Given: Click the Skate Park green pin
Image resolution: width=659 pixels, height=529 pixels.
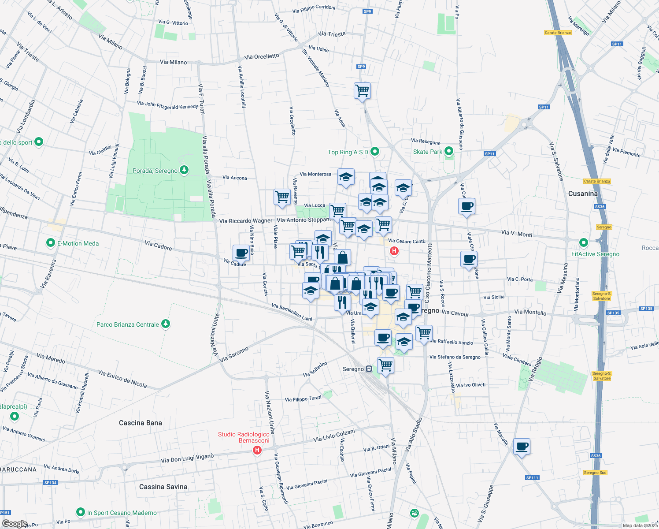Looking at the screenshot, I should (449, 151).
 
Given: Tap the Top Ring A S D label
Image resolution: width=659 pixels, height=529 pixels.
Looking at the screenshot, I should (348, 152).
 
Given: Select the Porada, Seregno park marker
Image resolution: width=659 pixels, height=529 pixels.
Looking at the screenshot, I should (185, 170).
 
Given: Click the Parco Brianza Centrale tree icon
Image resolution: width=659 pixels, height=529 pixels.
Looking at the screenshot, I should (165, 324).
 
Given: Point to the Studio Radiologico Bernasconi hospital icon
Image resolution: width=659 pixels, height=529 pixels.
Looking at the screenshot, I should (257, 450).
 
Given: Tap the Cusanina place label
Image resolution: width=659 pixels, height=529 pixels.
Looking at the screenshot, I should (583, 194).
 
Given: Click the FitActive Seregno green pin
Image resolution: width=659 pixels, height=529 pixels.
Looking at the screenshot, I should (584, 243).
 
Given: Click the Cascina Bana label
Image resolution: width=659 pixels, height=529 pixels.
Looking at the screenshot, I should (141, 423).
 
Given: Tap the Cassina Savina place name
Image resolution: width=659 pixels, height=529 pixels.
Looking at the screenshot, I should (163, 487).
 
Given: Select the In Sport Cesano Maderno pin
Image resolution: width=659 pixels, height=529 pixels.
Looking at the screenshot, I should (80, 512).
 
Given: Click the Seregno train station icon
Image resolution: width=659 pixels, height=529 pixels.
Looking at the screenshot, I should (369, 369).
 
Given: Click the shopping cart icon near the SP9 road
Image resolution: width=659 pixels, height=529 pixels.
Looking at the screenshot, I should (362, 91).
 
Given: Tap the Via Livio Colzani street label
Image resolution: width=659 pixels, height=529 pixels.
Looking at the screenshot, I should (334, 436).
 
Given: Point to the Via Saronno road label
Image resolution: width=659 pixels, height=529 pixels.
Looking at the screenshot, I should (234, 354).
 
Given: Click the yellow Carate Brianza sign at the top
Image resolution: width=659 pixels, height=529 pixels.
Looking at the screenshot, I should (558, 33).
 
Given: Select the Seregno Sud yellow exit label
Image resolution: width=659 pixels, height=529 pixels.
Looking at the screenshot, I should (595, 473).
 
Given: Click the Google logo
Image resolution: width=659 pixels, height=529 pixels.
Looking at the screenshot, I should (15, 523).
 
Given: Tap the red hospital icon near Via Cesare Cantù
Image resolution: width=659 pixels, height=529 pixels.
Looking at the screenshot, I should (394, 251).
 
